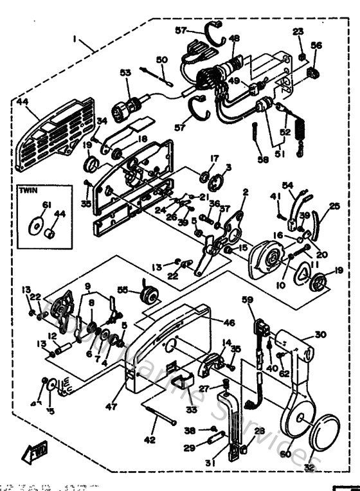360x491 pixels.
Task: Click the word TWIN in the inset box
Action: (x=29, y=192)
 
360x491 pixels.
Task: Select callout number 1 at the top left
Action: (x=75, y=39)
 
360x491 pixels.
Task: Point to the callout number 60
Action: (x=285, y=454)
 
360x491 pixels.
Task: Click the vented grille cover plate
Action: (x=44, y=136)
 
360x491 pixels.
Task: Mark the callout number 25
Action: (x=334, y=206)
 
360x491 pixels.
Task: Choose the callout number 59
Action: (x=247, y=299)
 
